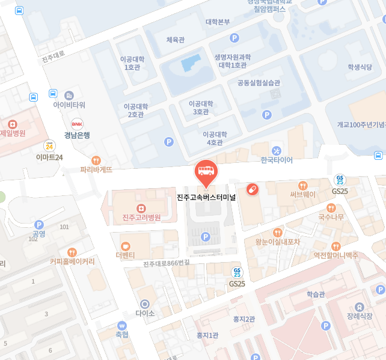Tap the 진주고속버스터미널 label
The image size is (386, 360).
(x=207, y=197)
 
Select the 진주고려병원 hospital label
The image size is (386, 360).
(x=141, y=217)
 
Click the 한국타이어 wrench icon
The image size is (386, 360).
(x=277, y=150)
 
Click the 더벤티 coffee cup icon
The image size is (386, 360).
(x=126, y=245)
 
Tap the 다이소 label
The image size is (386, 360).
(x=145, y=313)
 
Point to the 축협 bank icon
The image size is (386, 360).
(x=122, y=325)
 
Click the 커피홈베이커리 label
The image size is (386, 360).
(x=72, y=261)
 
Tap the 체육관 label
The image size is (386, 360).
(x=175, y=40)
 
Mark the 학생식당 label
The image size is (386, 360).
(x=360, y=67)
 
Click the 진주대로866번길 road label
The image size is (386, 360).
(x=167, y=263)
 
